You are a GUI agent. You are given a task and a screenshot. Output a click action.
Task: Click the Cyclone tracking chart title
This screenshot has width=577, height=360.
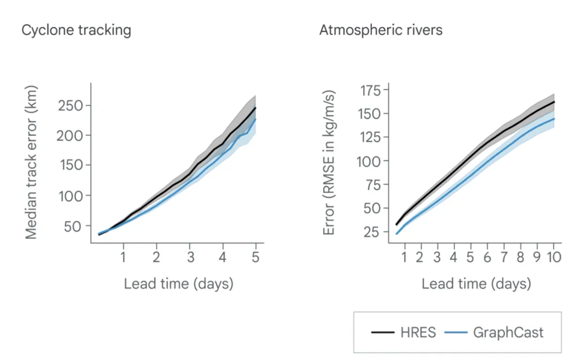pos(76,30)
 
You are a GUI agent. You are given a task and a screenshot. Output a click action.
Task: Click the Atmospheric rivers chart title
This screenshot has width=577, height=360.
pos(380,30)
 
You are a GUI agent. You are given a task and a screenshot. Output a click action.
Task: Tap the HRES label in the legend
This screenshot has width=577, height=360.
pos(418,332)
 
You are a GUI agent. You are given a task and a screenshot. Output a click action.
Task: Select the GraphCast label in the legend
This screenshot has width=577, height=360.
pos(508,332)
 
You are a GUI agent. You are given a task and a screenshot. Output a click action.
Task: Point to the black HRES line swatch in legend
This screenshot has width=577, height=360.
pos(383,333)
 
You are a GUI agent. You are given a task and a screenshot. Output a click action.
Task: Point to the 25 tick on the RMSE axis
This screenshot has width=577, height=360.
pos(370,232)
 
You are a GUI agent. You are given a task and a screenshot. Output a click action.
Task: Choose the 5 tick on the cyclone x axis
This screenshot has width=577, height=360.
pos(255,256)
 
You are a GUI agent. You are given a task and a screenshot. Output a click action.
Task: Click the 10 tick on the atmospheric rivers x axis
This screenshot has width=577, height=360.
pos(553,257)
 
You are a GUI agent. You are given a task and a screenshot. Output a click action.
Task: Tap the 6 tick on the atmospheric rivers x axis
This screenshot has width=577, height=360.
pos(487,257)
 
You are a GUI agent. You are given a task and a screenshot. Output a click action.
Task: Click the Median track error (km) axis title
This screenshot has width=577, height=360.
pos(32,161)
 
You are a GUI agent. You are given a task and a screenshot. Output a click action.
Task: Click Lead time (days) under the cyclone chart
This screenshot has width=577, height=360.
pos(178,283)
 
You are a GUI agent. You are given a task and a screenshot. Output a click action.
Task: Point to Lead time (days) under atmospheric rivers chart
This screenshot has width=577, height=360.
pos(476,283)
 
